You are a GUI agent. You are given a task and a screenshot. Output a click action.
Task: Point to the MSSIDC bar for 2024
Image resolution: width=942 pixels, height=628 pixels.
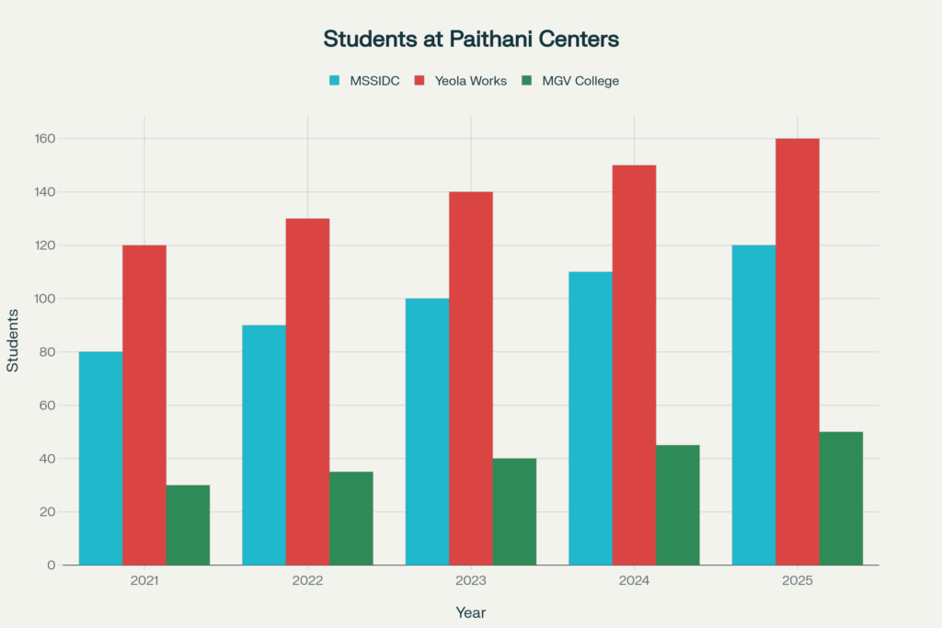pyautogui.click(x=590, y=417)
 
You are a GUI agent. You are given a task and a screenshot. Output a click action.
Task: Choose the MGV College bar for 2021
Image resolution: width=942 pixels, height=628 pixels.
pyautogui.click(x=188, y=524)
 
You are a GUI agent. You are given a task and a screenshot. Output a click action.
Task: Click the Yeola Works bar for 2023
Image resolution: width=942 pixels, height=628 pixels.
pyautogui.click(x=471, y=378)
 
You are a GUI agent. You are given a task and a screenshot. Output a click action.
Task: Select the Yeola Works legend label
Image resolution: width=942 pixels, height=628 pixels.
pyautogui.click(x=471, y=81)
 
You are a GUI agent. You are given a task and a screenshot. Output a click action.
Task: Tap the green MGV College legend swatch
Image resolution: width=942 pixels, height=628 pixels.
pyautogui.click(x=526, y=81)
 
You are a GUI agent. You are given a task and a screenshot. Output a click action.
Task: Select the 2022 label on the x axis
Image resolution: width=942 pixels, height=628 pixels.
pyautogui.click(x=307, y=582)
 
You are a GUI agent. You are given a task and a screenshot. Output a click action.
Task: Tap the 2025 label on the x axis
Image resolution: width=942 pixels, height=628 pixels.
pyautogui.click(x=797, y=582)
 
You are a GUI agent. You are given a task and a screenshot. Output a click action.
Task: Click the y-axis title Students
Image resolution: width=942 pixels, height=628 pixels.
pyautogui.click(x=13, y=340)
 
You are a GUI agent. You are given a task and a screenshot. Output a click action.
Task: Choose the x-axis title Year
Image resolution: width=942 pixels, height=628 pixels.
pyautogui.click(x=471, y=612)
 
